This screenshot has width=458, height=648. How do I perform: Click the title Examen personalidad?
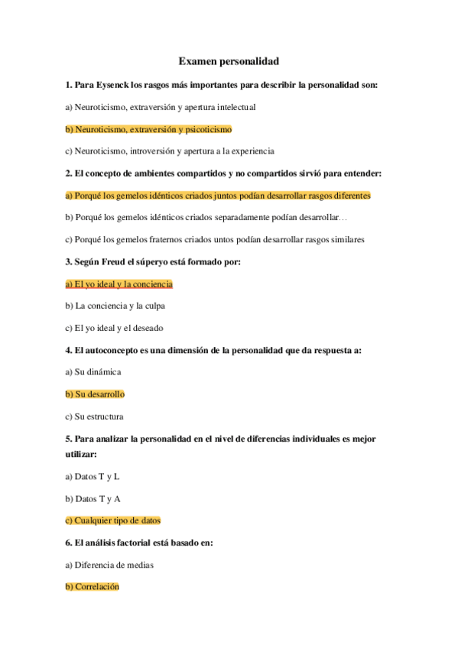[229, 60]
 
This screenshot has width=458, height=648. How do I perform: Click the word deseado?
[149, 329]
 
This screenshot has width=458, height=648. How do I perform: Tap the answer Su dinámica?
[93, 372]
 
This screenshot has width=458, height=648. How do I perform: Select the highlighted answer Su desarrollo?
[95, 394]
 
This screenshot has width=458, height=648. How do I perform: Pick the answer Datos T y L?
[93, 477]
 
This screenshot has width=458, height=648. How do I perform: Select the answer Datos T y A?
[93, 499]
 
